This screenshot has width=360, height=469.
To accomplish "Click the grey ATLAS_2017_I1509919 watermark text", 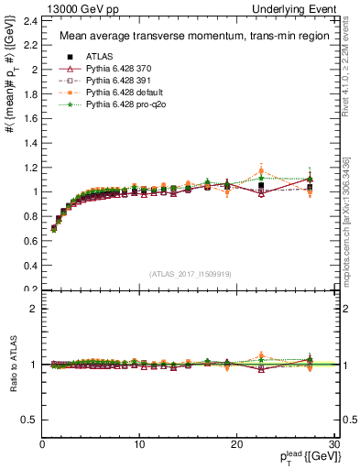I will (189, 274).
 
